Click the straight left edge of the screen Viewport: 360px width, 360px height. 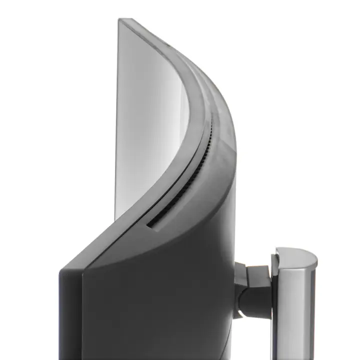click(118, 125)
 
